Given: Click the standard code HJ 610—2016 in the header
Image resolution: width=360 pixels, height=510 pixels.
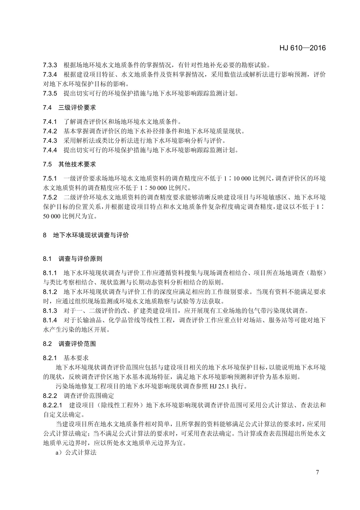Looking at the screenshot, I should click(x=302, y=48).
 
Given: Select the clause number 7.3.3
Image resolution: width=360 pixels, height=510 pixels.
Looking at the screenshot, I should click(x=50, y=65).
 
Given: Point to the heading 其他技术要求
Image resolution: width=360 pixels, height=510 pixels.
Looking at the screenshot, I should click(x=77, y=164).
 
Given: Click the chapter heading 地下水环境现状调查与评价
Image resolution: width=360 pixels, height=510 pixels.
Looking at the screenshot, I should click(x=91, y=235).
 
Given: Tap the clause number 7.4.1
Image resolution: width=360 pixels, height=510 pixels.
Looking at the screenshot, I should click(x=50, y=121).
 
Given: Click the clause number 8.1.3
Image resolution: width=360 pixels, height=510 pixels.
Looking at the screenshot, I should click(x=50, y=311).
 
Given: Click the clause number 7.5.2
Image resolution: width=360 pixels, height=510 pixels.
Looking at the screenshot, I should click(x=50, y=197).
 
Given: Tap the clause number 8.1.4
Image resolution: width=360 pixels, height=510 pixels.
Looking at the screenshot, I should click(x=50, y=320).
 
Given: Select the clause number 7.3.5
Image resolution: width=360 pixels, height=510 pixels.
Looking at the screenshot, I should click(x=50, y=93).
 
